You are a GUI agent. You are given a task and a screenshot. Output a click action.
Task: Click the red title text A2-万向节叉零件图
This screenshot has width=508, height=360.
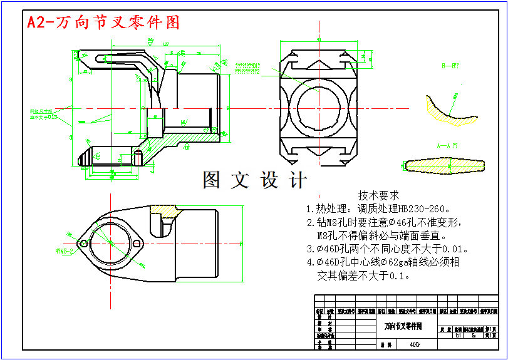[x=103, y=23]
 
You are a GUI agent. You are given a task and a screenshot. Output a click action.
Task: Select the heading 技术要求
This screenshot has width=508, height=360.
[x=378, y=195]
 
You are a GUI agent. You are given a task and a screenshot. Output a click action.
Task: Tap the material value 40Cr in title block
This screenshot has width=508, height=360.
[x=415, y=344]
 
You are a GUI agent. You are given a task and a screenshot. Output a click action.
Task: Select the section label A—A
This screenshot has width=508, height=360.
[x=447, y=145]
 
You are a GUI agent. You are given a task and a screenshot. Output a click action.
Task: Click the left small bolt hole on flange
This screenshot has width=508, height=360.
[x=83, y=243]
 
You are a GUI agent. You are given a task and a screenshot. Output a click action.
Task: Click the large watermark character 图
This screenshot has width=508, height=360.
[x=212, y=180]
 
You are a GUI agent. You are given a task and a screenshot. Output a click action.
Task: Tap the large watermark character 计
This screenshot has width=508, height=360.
[x=298, y=180]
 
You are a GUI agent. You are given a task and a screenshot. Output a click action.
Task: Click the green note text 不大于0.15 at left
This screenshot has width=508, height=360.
[x=44, y=116]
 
